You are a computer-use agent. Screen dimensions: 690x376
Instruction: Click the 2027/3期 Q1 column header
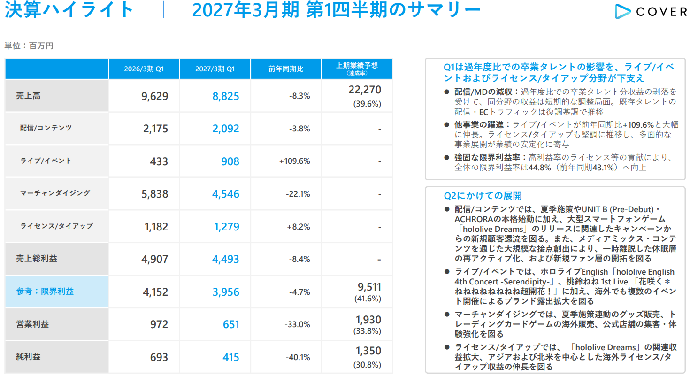tap(215, 69)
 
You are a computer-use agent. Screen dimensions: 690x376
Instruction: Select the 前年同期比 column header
tap(286, 69)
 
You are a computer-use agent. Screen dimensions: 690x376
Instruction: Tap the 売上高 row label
tap(28, 96)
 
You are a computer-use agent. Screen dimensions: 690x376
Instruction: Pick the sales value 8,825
tap(226, 96)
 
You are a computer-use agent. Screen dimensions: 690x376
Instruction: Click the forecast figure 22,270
tap(365, 90)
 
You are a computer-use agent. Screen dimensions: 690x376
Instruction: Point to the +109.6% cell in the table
tap(294, 161)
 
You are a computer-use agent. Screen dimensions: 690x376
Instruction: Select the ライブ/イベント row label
tap(46, 161)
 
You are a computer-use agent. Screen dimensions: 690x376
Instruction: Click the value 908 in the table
tap(230, 161)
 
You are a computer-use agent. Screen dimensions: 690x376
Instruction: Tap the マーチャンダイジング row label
tap(55, 193)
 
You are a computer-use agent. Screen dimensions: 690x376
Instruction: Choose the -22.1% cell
tap(298, 194)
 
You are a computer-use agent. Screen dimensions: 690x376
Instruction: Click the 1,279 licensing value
tap(226, 227)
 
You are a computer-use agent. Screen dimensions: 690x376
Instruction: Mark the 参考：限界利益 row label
tap(45, 292)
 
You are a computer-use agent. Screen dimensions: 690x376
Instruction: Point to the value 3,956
tap(226, 292)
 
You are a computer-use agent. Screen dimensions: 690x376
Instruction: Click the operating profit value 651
tap(231, 324)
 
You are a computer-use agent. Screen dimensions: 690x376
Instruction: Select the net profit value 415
tap(231, 357)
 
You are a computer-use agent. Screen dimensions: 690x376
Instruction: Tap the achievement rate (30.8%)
tap(367, 365)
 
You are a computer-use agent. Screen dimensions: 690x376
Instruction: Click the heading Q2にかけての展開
tap(483, 196)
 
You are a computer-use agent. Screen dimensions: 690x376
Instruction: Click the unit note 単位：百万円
tap(29, 46)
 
